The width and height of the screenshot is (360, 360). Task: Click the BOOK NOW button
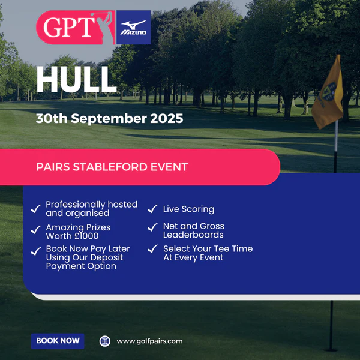[58, 341]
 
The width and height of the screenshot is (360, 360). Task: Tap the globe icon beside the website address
[105, 341]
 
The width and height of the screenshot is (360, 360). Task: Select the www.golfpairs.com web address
[149, 341]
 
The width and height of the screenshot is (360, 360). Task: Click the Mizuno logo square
[133, 27]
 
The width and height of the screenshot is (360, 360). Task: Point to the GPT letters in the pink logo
[69, 27]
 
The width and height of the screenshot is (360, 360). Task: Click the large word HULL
[76, 79]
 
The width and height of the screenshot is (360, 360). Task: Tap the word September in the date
[109, 119]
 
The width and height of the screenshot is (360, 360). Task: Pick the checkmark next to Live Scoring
[152, 209]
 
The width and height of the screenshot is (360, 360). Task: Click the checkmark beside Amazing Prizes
[36, 230]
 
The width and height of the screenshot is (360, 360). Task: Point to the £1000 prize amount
[86, 236]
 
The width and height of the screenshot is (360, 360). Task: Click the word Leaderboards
[193, 235]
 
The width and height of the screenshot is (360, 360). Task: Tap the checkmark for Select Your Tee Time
[152, 248]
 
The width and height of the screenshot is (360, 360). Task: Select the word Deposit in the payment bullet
[107, 258]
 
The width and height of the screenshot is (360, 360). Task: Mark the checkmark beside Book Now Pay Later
[36, 251]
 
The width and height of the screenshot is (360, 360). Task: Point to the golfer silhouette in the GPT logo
[105, 28]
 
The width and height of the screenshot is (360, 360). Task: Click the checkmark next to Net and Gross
[152, 227]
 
